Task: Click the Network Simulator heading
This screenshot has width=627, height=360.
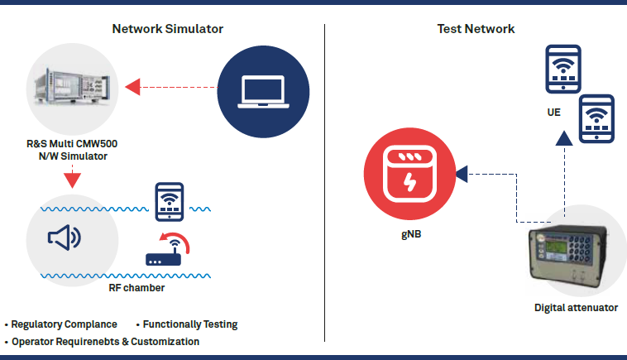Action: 168,29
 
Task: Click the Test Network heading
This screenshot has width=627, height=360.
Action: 476,29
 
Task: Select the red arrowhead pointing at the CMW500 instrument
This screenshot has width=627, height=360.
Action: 132,84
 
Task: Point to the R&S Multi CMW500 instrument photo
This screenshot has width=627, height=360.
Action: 72,87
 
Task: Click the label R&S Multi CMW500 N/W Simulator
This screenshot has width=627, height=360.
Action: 72,149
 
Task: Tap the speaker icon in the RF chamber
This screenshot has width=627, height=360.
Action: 65,238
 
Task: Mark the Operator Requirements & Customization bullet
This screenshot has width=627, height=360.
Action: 105,341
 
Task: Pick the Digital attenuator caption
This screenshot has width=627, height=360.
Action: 576,308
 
